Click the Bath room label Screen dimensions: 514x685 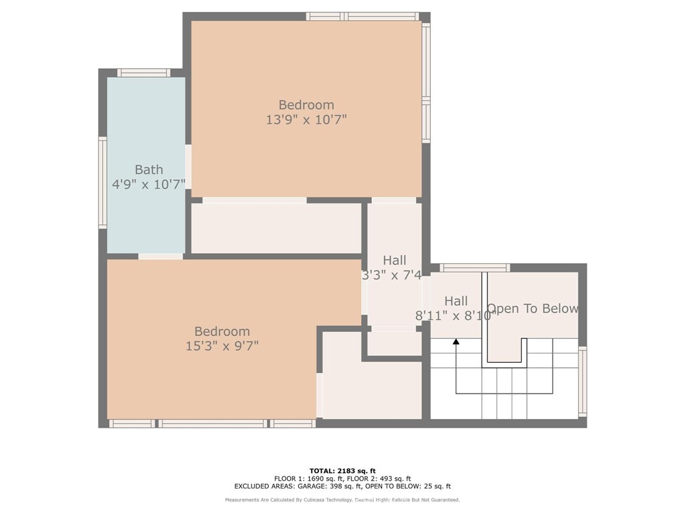tap(149, 170)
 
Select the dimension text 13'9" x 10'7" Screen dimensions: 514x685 tap(306, 120)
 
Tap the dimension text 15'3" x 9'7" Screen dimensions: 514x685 tap(222, 346)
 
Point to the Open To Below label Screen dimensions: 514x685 tap(532, 309)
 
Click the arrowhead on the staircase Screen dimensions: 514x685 tap(456, 342)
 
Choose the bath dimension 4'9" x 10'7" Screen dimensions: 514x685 tap(149, 184)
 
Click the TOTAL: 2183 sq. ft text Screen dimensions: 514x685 tap(342, 471)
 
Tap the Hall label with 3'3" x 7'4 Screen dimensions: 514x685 tap(394, 260)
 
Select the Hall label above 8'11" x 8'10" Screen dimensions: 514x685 tap(456, 301)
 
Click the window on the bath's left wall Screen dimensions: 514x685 tap(102, 183)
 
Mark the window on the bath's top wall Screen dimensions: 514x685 tap(143, 73)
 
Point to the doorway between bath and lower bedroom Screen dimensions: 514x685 tap(161, 256)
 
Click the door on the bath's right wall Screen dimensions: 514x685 tap(189, 166)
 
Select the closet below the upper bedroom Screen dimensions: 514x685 tap(276, 228)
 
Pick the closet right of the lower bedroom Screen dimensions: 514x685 tap(371, 388)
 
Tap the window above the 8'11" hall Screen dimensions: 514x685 tap(475, 268)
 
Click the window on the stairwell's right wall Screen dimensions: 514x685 tap(582, 381)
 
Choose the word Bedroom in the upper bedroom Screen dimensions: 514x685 tap(306, 105)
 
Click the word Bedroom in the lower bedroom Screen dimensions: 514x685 tap(222, 331)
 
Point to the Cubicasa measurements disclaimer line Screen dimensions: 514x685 tap(342, 500)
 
